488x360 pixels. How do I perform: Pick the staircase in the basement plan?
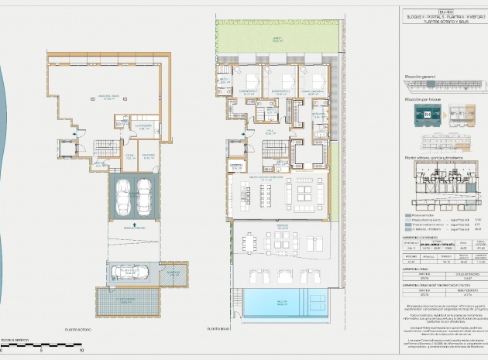coord(101,146)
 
